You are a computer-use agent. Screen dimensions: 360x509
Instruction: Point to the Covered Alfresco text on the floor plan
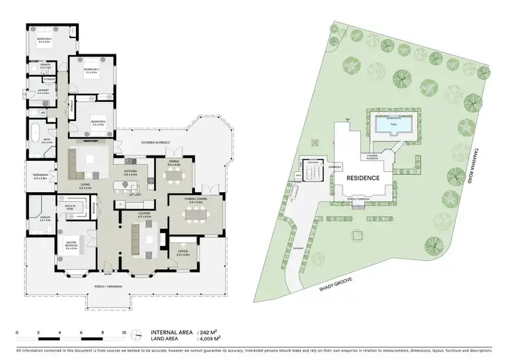tap(155, 143)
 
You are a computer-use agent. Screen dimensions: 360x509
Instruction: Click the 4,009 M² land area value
tap(212, 338)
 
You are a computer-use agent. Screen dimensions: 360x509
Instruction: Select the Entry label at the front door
tap(108, 275)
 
